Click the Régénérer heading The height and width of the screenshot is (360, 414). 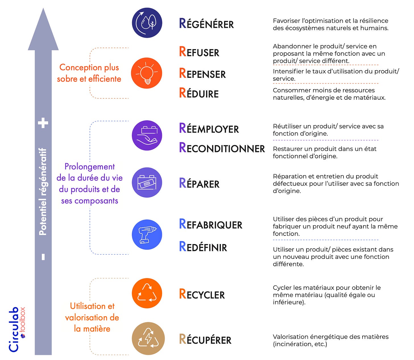(x=206, y=24)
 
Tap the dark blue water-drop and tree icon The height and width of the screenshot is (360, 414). (x=147, y=23)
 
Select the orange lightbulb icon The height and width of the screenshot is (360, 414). (x=147, y=73)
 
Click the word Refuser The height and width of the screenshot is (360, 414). (x=199, y=52)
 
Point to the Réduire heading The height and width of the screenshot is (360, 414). (x=199, y=93)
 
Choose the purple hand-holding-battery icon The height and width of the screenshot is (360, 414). (x=147, y=135)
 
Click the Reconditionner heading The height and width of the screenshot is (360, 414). (x=222, y=148)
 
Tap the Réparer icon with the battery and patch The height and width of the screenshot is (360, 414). (x=147, y=182)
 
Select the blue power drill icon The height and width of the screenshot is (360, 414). (x=147, y=235)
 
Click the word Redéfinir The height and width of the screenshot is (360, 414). (x=203, y=247)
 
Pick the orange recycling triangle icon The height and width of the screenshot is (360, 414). (x=147, y=293)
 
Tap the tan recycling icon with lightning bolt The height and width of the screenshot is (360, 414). (x=148, y=338)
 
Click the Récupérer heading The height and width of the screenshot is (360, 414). (x=205, y=340)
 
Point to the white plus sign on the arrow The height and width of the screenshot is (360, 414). (x=43, y=123)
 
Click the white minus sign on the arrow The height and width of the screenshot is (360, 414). (x=43, y=257)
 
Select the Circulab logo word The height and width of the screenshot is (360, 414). (x=14, y=330)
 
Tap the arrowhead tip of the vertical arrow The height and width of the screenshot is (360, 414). (x=43, y=10)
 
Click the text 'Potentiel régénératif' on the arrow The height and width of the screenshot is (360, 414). (x=43, y=192)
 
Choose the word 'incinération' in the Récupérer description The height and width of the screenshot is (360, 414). (x=291, y=344)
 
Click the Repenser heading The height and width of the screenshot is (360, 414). (x=202, y=74)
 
